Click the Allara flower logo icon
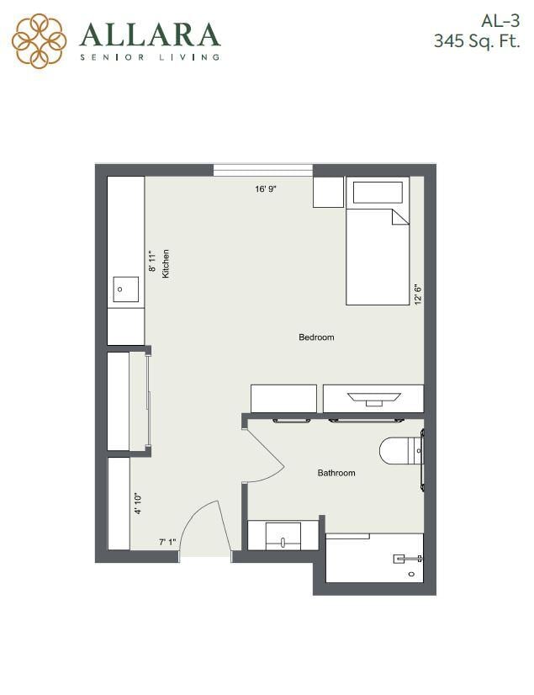[39, 40]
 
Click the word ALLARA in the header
[150, 34]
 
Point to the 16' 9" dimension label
[266, 189]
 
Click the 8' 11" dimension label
[152, 262]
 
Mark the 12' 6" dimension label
[417, 294]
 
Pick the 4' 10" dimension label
[138, 502]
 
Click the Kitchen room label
[167, 263]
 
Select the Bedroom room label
[316, 337]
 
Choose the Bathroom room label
[336, 473]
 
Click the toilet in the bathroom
[399, 451]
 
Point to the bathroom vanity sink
[283, 536]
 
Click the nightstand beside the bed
[328, 192]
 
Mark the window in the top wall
[263, 169]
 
